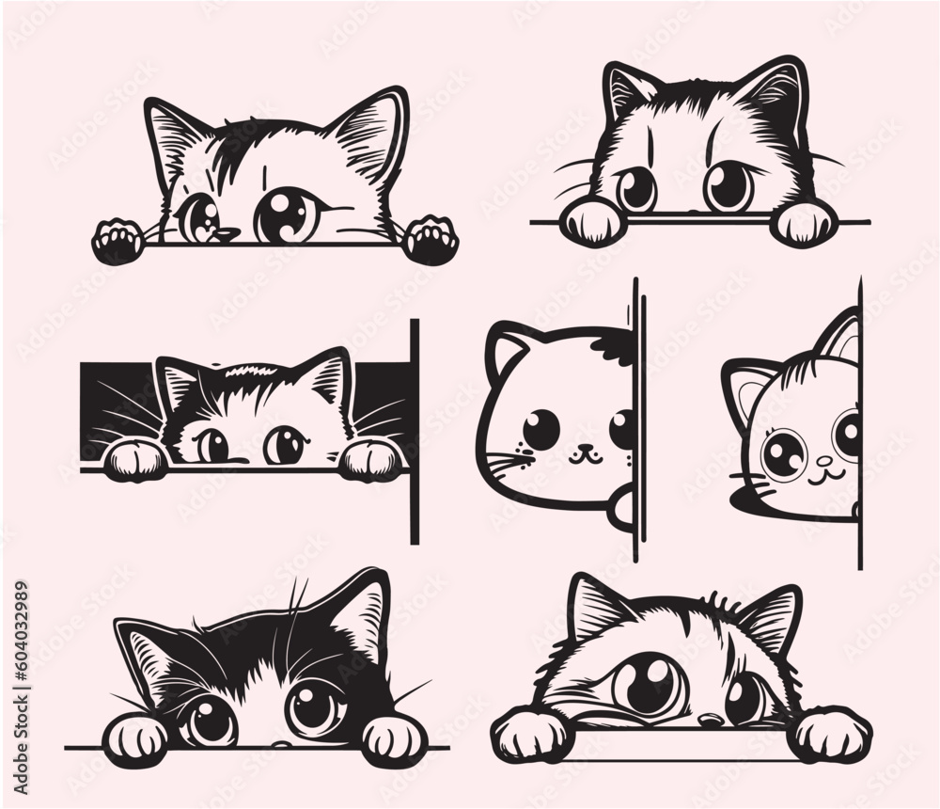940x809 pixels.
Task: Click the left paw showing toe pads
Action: (117, 240)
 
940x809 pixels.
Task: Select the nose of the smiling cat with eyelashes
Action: (824, 462)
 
